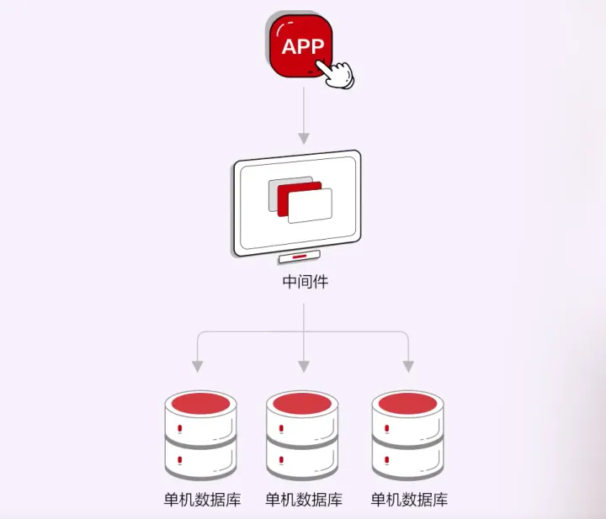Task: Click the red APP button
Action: coord(300,47)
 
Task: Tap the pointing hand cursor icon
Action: coord(339,74)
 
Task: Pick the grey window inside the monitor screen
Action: coord(273,194)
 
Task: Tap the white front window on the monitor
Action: coord(311,206)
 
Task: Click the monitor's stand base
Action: coord(300,258)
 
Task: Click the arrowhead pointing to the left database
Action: coord(198,366)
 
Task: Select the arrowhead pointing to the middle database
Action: coord(303,366)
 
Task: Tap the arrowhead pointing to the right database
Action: coord(408,366)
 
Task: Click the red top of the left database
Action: coord(199,403)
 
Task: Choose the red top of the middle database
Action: coord(303,403)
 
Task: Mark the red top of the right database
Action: coord(408,403)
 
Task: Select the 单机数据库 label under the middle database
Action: coord(304,500)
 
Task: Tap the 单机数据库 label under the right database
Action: coord(409,500)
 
